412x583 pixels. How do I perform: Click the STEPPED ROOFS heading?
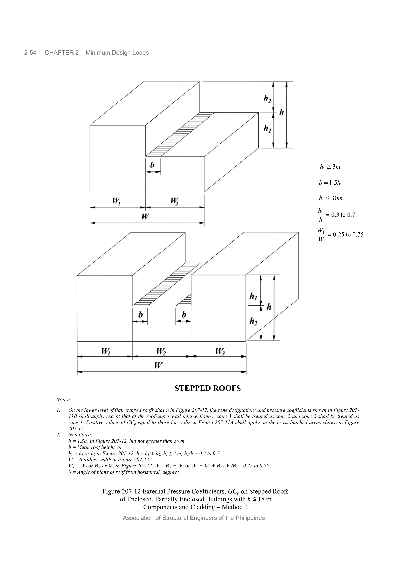click(207, 388)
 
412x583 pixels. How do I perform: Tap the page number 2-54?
click(30, 53)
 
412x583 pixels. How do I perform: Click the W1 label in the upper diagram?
click(116, 201)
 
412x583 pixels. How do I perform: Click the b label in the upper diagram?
click(152, 165)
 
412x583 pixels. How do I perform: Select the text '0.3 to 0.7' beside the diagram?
click(343, 215)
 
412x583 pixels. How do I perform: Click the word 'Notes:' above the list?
click(63, 400)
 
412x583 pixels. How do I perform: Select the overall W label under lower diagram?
click(158, 366)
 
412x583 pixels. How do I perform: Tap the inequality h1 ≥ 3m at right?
click(330, 167)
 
